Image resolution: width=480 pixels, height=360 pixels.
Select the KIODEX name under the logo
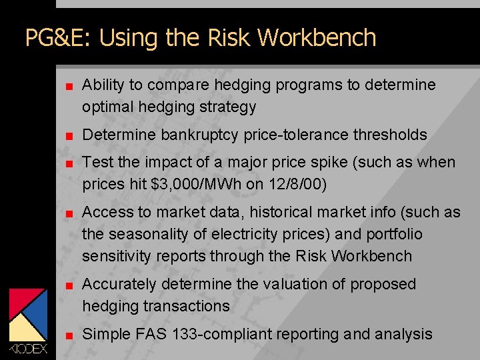(28, 349)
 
